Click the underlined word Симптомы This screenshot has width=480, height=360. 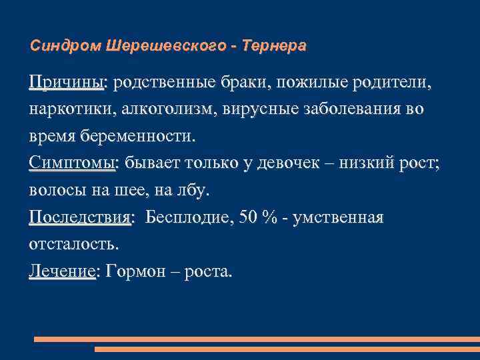click(72, 164)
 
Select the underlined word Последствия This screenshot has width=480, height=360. click(81, 218)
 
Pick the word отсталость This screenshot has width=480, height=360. click(73, 245)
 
